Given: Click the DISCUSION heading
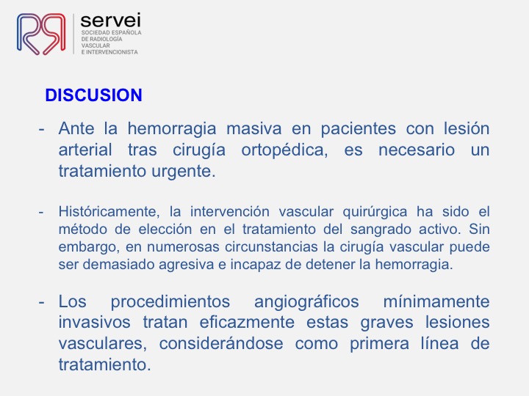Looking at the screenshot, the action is (93, 95).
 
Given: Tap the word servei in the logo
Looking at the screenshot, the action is (111, 21).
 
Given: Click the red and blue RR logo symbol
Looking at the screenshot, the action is (41, 34).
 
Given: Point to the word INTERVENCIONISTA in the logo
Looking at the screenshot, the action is (112, 52).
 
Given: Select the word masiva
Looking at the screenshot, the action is (253, 128).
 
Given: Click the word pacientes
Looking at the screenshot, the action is (358, 128).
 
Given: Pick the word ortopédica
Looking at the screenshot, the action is (284, 150).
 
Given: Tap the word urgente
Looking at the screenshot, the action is (183, 172).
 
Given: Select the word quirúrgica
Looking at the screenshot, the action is (375, 212).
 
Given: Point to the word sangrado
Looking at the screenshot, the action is (381, 230).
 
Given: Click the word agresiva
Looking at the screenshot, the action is (186, 265).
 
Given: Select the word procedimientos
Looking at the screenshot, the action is (170, 301).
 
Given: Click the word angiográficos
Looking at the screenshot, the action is (306, 301).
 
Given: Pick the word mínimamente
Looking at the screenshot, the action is (436, 301).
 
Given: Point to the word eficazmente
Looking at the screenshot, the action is (247, 322).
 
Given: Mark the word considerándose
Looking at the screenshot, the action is (221, 344).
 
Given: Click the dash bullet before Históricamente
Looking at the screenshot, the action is (41, 213).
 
